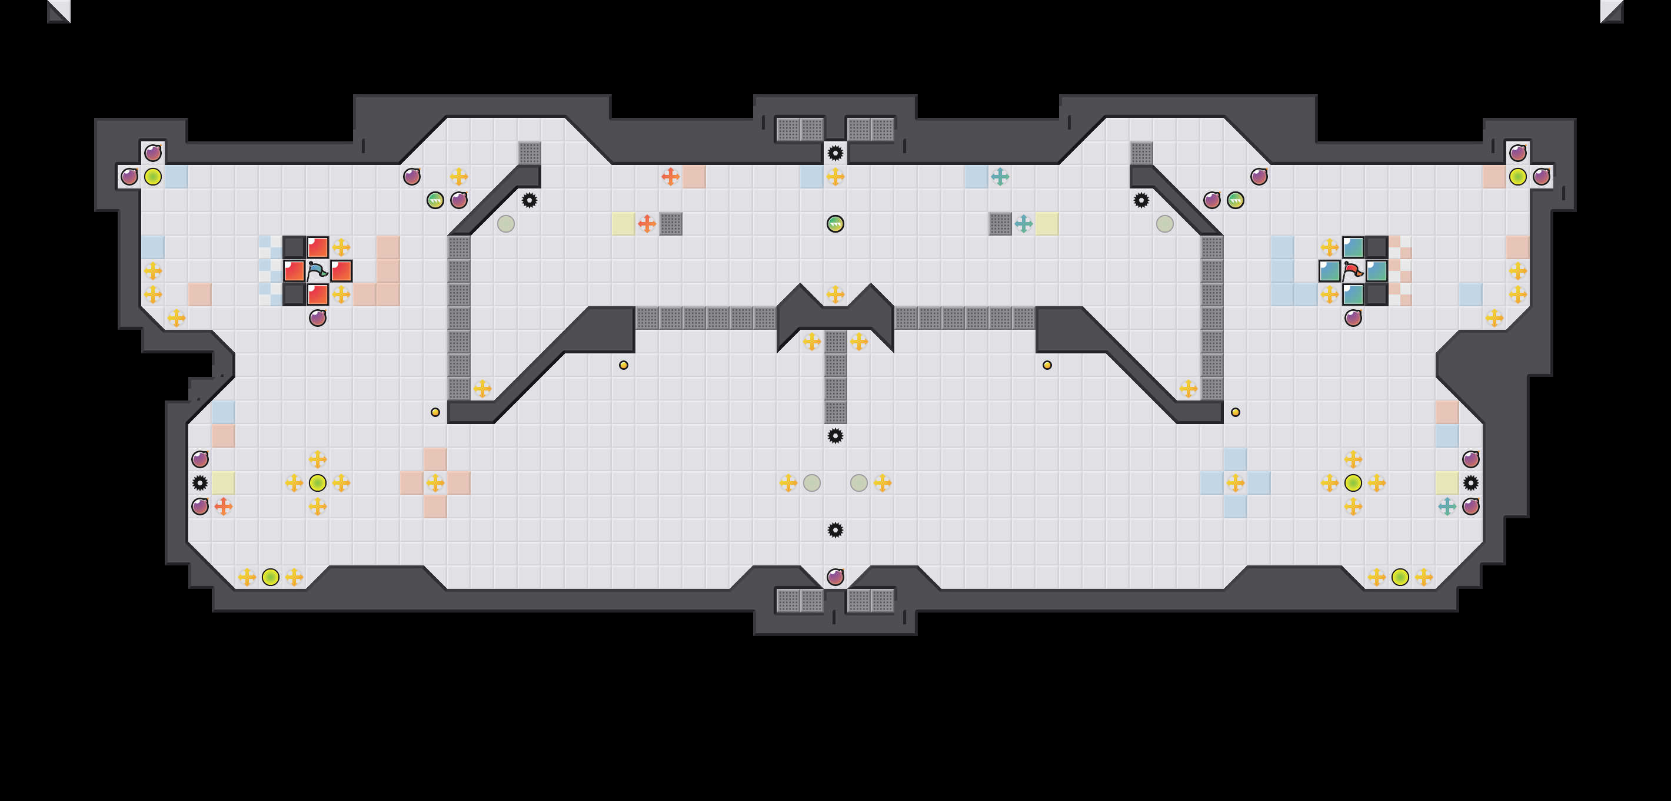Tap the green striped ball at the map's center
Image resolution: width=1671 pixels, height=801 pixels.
pyautogui.click(x=836, y=224)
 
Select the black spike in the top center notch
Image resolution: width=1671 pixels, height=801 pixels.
pyautogui.click(x=836, y=153)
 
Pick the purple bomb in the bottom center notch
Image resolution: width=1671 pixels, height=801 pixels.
pyautogui.click(x=836, y=577)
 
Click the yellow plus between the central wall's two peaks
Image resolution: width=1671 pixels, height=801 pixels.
pyautogui.click(x=836, y=294)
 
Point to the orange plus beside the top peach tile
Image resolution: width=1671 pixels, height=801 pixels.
pyautogui.click(x=670, y=176)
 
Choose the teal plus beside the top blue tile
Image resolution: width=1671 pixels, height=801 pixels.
pyautogui.click(x=1000, y=176)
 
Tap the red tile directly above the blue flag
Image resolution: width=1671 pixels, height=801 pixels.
pyautogui.click(x=317, y=247)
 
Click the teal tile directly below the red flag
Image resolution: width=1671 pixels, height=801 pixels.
pyautogui.click(x=1353, y=294)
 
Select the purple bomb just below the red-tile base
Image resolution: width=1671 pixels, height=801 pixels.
pyautogui.click(x=317, y=318)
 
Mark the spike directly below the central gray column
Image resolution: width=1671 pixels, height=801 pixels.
pyautogui.click(x=836, y=436)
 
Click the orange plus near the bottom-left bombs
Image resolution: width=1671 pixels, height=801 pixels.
pyautogui.click(x=223, y=507)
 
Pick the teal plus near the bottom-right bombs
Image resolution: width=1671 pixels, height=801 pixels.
pyautogui.click(x=1447, y=507)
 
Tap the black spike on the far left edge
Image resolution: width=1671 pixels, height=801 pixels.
pyautogui.click(x=200, y=483)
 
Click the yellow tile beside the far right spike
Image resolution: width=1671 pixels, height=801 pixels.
pyautogui.click(x=1447, y=483)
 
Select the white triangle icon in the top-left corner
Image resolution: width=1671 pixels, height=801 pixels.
pyautogui.click(x=59, y=11)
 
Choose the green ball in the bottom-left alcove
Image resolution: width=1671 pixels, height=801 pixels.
pyautogui.click(x=271, y=577)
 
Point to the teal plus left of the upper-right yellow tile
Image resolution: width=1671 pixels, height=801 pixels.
pyautogui.click(x=1024, y=224)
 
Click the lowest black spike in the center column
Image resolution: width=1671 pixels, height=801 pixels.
pyautogui.click(x=836, y=530)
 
